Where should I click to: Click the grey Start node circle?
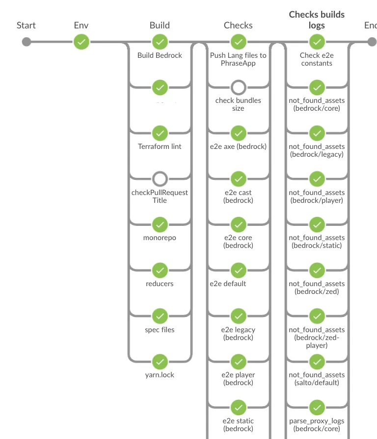click(27, 42)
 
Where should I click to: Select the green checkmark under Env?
click(81, 42)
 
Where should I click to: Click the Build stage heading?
click(160, 25)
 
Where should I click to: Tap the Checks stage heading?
click(238, 25)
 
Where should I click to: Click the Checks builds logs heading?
click(317, 20)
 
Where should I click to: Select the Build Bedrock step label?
click(160, 55)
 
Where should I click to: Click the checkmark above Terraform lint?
click(160, 133)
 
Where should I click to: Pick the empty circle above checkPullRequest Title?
click(160, 179)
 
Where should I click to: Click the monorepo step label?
click(160, 238)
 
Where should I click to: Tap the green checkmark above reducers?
click(160, 270)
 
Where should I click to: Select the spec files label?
click(160, 330)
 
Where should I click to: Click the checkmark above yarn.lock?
click(160, 362)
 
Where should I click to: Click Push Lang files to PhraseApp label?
click(238, 59)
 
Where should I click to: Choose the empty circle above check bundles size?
click(239, 88)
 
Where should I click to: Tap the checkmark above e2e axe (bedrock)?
click(239, 133)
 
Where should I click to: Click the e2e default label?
click(228, 284)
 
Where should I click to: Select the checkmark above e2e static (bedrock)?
click(239, 407)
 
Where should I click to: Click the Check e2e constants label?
click(317, 59)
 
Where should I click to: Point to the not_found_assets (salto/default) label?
click(317, 379)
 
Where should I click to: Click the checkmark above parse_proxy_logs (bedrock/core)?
click(317, 407)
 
